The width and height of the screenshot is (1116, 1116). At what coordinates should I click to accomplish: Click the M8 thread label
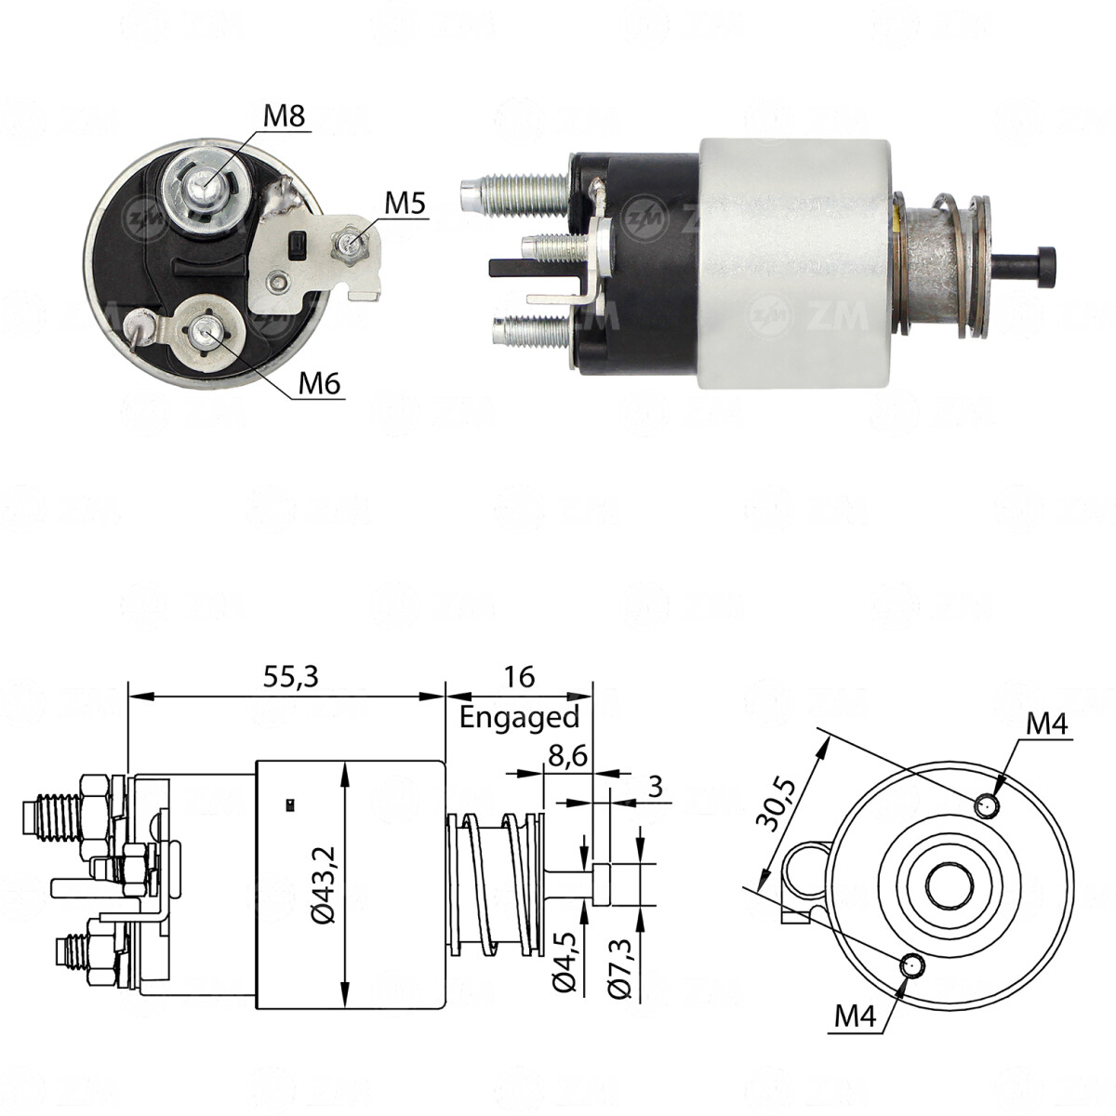285,116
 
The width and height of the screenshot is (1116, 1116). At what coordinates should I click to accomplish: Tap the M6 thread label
319,382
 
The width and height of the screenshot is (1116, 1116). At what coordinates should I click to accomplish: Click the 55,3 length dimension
289,677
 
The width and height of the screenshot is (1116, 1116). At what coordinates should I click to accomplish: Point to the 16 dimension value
519,677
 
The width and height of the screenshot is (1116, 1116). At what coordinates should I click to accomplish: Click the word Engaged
519,717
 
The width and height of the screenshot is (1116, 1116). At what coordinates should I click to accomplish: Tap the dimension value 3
655,787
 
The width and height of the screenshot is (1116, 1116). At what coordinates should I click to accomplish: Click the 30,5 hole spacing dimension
775,804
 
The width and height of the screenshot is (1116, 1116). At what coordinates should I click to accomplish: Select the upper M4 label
1047,723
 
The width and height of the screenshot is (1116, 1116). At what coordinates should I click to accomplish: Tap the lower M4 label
855,1016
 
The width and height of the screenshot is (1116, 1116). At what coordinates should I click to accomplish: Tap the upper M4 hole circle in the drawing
988,804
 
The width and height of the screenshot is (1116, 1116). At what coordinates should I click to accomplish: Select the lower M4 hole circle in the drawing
911,966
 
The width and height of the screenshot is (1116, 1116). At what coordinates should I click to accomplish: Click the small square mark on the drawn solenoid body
291,802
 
